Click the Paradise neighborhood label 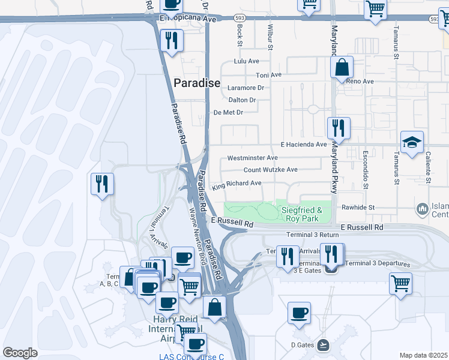tap(197, 83)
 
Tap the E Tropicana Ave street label tap(187, 19)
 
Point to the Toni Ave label tap(268, 75)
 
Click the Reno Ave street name tap(360, 81)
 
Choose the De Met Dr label tap(228, 112)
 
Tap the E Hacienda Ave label tap(303, 145)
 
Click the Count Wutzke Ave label tap(270, 170)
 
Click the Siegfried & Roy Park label tap(303, 214)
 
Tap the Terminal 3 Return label tap(313, 235)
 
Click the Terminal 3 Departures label tap(378, 263)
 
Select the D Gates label tap(303, 344)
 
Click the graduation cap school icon tap(412, 142)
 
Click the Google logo tap(20, 353)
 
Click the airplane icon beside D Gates tap(324, 344)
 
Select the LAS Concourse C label tap(191, 356)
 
